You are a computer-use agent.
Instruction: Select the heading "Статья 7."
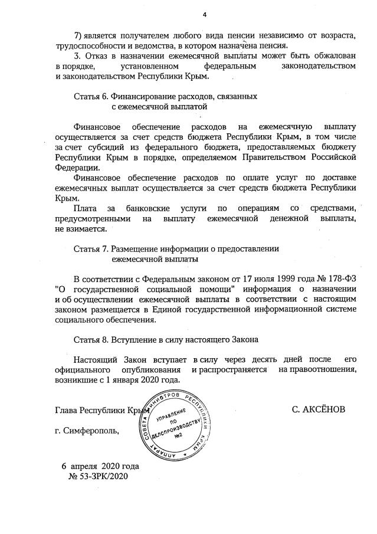90,248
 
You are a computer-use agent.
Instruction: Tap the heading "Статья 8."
90,340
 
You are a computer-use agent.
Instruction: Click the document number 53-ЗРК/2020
103,476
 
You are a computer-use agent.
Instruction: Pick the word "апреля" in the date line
84,466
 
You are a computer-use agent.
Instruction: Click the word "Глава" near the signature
65,408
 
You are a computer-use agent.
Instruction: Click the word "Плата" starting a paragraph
86,209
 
